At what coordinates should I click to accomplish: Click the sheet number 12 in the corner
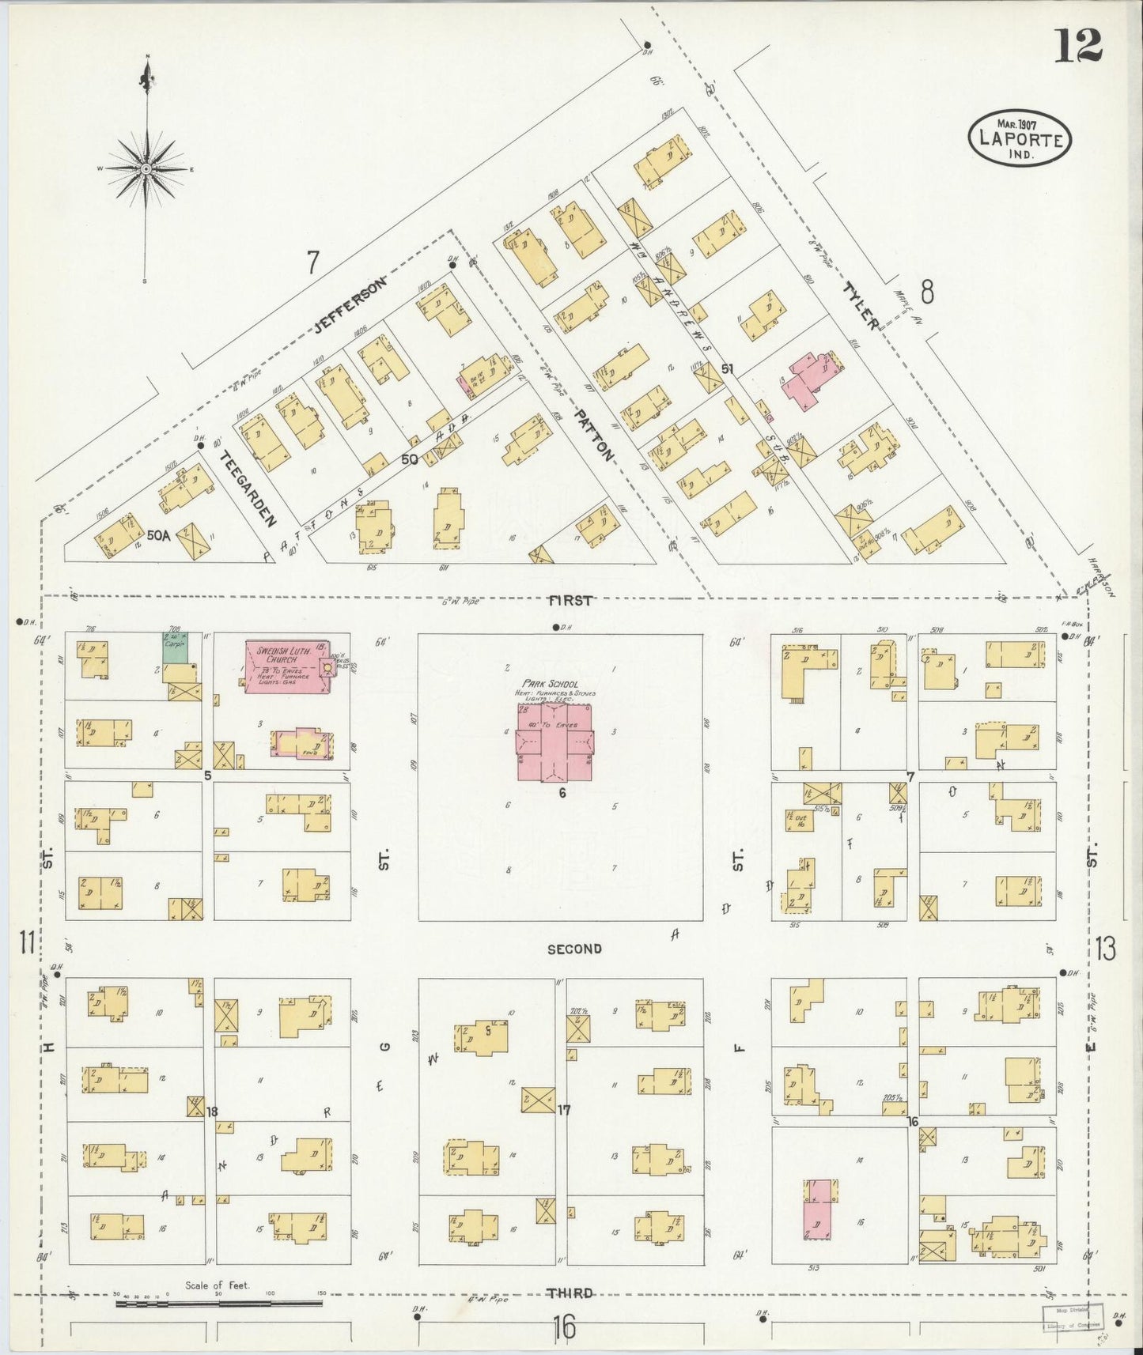[1077, 46]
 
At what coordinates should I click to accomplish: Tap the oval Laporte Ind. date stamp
[1020, 138]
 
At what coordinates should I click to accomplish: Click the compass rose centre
[146, 169]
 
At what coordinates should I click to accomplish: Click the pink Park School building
[555, 744]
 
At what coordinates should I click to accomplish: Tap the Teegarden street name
[248, 489]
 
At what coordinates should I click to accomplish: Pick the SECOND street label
[575, 948]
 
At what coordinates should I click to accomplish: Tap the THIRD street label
[570, 1293]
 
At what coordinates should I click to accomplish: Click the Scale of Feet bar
[219, 1302]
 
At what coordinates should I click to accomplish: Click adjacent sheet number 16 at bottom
[564, 1327]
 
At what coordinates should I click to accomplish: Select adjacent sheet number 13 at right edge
[1105, 947]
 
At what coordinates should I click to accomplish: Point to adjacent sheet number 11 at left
[28, 942]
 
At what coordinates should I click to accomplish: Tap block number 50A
[158, 535]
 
